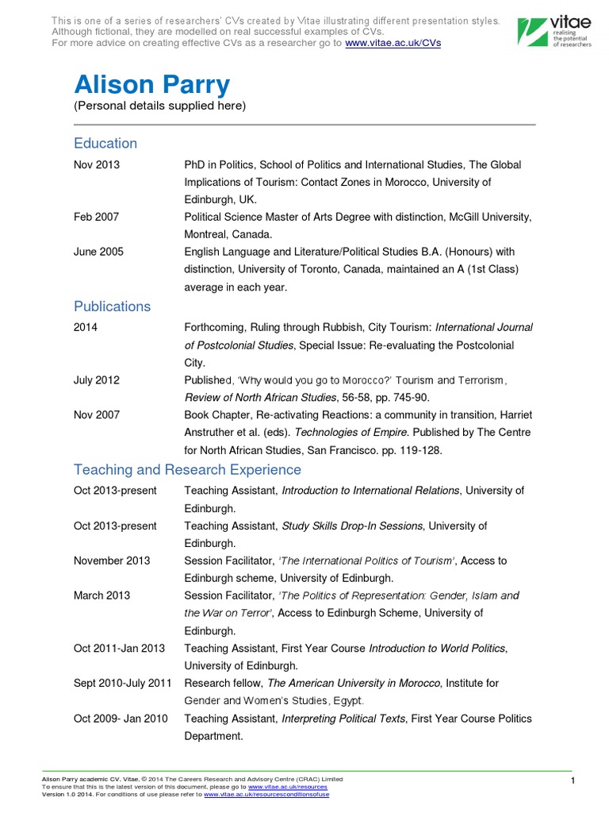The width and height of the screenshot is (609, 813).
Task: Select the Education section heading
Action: tap(105, 144)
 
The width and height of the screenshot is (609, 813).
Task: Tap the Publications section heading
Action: tap(112, 306)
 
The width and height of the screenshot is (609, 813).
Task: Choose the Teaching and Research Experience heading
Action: tap(187, 470)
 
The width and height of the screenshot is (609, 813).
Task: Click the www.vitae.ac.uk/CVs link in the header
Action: tap(393, 42)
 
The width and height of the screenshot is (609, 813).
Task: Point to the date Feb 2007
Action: tap(97, 216)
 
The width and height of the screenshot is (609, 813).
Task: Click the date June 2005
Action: tap(98, 252)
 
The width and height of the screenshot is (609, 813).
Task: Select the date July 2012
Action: tap(97, 380)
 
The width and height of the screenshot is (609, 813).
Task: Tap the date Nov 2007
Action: tap(97, 415)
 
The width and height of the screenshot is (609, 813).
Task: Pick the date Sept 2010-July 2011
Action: tap(123, 683)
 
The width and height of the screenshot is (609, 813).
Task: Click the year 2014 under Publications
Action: tap(86, 327)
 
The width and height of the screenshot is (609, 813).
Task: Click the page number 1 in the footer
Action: tap(572, 783)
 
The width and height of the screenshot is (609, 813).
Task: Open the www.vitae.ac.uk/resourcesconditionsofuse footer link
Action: tap(266, 794)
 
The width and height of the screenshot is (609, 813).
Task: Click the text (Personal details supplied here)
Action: tap(160, 106)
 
